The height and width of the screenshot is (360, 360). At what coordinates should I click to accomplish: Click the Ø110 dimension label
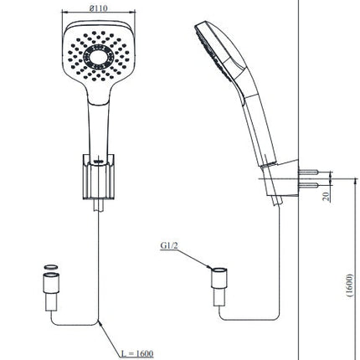98,8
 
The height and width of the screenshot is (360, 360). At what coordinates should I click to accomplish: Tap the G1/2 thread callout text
169,245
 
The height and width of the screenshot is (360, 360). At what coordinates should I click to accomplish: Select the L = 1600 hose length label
137,353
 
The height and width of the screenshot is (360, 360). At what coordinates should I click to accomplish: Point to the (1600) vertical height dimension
350,285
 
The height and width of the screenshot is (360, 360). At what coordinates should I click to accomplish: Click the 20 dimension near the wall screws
326,196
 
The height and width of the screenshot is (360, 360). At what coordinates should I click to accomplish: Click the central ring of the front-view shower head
99,58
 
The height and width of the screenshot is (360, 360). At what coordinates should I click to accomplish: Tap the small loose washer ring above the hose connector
50,267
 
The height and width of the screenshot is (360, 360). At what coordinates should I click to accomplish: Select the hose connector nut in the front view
51,283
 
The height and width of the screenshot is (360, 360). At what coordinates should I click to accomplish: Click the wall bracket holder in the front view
99,177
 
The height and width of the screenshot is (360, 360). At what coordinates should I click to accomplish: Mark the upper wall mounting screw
308,172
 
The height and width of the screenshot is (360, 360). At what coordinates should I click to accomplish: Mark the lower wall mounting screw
308,185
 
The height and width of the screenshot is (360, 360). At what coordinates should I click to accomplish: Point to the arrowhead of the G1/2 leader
209,267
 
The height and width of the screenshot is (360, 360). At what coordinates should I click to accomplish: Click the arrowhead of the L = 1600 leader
100,324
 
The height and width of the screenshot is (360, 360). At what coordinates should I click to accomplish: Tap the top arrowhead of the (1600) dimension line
355,180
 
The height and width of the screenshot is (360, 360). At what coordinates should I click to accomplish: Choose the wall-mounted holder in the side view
280,178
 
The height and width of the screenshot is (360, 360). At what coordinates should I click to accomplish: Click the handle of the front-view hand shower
99,128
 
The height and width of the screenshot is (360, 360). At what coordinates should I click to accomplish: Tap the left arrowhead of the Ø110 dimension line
64,12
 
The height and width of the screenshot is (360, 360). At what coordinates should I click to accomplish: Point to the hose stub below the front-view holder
99,205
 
